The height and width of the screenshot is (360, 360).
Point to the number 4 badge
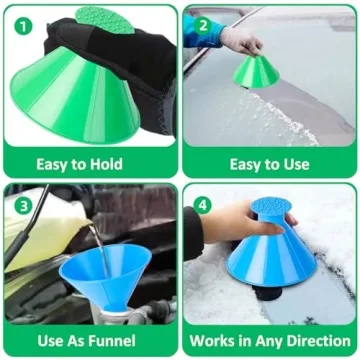point(204,204)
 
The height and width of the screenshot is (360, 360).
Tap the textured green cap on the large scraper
point(105,19)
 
